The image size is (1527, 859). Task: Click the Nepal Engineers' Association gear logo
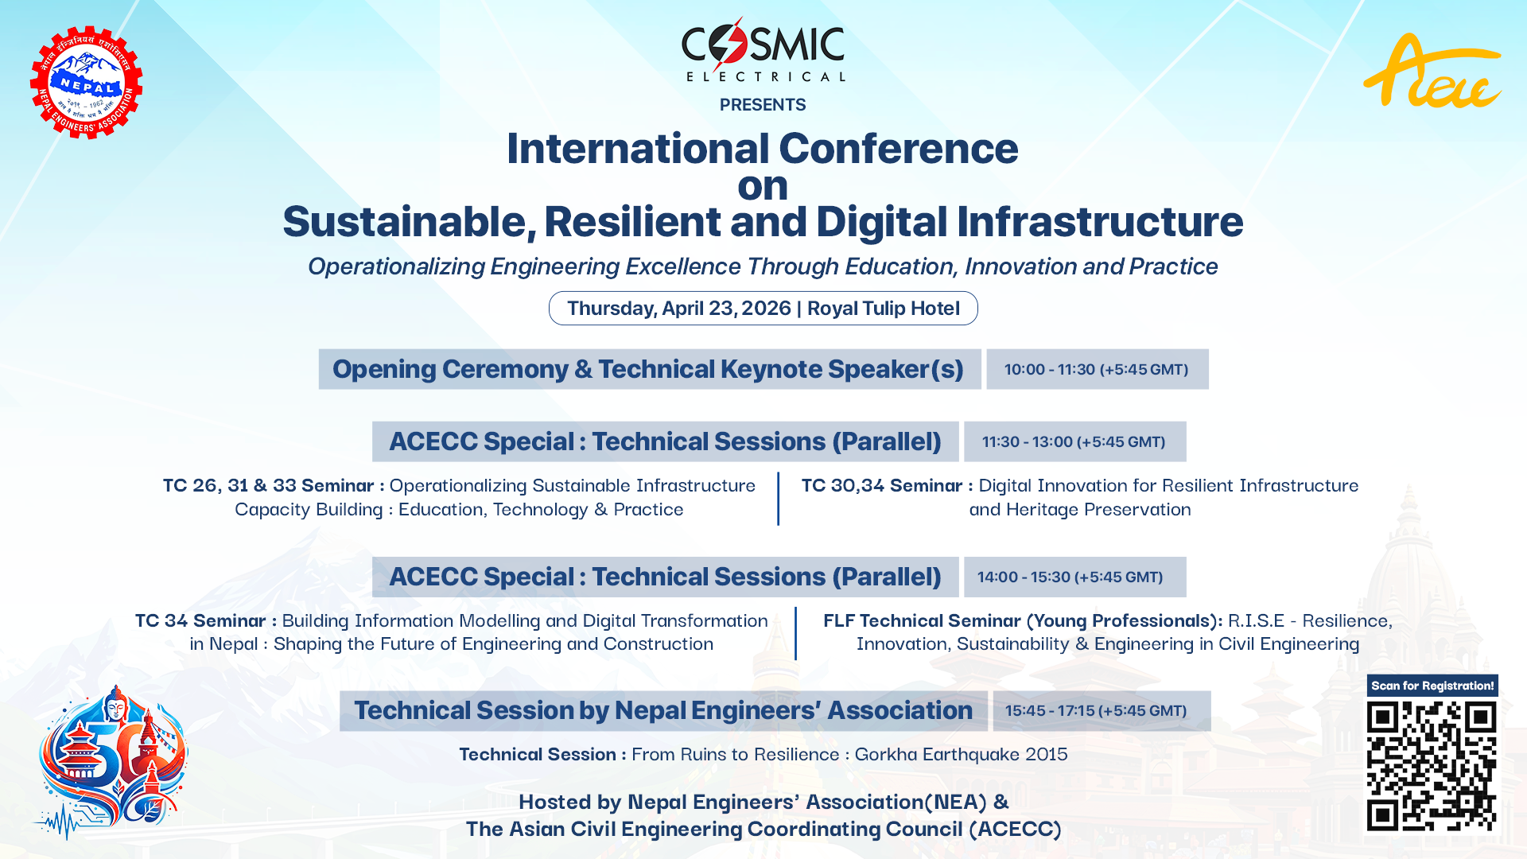(x=86, y=83)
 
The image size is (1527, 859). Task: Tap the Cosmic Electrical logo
(x=763, y=50)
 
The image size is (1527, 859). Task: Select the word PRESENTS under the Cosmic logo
(x=762, y=105)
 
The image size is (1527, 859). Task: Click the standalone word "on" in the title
(x=762, y=186)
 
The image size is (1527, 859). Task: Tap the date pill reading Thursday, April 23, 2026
(x=763, y=309)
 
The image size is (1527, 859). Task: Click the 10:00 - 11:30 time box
(x=1096, y=369)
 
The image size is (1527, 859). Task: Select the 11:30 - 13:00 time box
(x=1074, y=441)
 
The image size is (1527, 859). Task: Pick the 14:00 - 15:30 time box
(x=1074, y=577)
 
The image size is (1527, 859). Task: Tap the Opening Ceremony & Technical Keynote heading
(x=648, y=369)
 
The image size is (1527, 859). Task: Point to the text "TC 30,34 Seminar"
(x=881, y=485)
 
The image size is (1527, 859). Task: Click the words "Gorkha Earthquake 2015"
(x=961, y=754)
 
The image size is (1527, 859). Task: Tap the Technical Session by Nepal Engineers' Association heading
(x=662, y=710)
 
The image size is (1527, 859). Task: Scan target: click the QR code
(x=1431, y=766)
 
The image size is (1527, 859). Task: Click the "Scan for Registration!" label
(x=1432, y=686)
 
